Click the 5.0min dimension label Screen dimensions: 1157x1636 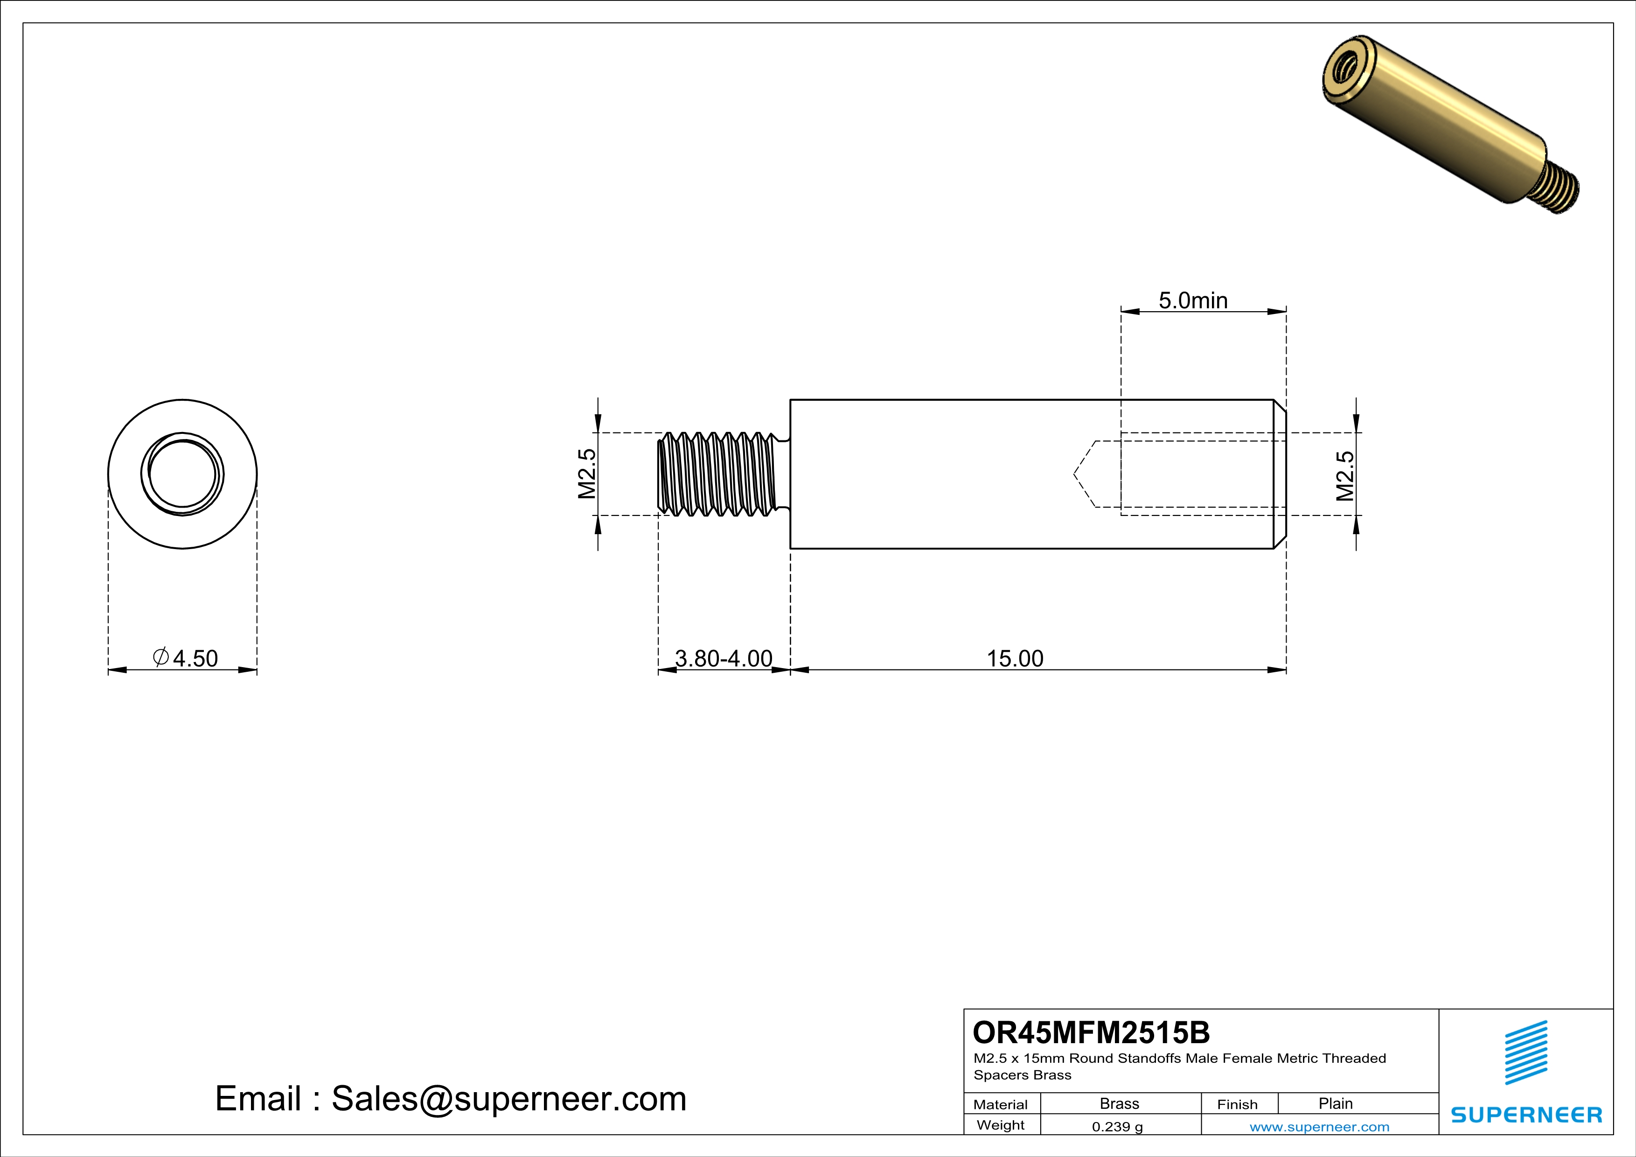tap(1193, 300)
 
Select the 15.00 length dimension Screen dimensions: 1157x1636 tap(1015, 658)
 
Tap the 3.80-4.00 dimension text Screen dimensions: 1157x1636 tap(723, 658)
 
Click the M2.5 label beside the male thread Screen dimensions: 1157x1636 tap(586, 474)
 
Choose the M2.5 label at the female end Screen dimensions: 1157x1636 tap(1344, 476)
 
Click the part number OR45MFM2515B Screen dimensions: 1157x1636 tap(1091, 1032)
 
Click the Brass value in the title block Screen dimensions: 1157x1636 tap(1120, 1103)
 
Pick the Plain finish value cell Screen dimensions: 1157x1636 tap(1335, 1103)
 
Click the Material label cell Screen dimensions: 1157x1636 tap(1001, 1104)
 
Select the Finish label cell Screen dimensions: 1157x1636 tap(1237, 1104)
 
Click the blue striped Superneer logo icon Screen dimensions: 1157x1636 tap(1525, 1052)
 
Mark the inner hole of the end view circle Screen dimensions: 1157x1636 tap(182, 474)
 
